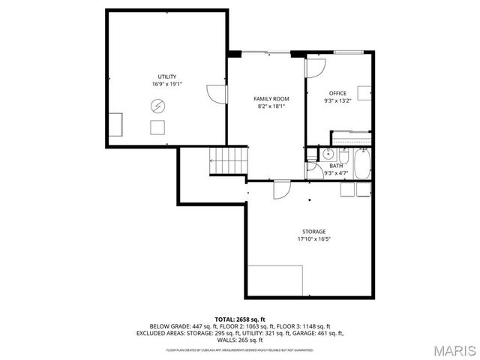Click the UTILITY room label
(x=167, y=76)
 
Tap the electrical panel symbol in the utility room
(x=157, y=106)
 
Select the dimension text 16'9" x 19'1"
(x=167, y=84)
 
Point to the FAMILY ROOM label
(x=271, y=99)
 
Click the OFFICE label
(x=337, y=93)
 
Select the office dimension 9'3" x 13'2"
(x=337, y=100)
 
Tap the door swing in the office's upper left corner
(x=315, y=67)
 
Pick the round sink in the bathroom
(x=327, y=154)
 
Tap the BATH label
(x=336, y=166)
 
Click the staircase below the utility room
(x=229, y=158)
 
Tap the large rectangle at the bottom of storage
(x=275, y=280)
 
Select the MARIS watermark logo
(x=454, y=350)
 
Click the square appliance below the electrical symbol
(x=158, y=127)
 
